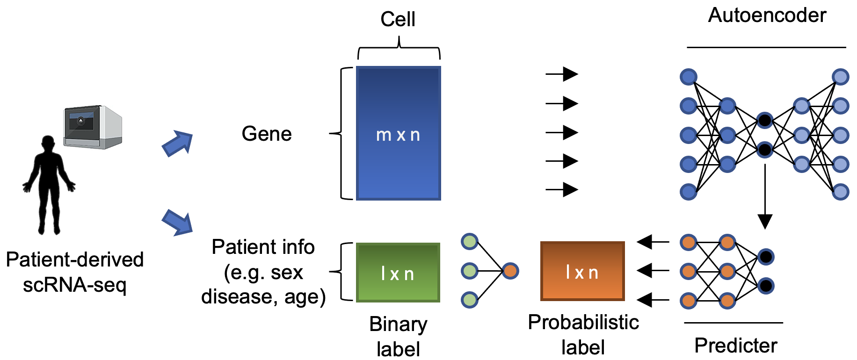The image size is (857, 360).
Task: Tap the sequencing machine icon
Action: [93, 127]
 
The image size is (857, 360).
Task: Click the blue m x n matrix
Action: [398, 134]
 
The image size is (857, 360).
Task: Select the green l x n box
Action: [398, 273]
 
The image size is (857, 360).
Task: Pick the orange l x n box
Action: [582, 271]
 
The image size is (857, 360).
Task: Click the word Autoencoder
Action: [767, 15]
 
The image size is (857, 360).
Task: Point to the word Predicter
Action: [735, 346]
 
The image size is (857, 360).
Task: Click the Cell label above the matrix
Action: [398, 19]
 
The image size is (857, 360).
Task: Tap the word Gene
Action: [267, 134]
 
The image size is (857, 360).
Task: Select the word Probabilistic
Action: [583, 322]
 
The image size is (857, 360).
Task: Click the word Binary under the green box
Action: [398, 324]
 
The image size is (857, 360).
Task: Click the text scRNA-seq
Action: [75, 285]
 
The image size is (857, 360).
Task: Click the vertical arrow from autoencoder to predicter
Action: [764, 196]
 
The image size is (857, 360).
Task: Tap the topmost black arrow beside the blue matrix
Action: [562, 74]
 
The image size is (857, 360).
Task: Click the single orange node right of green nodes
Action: [510, 271]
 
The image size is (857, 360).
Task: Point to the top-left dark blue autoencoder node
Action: [689, 77]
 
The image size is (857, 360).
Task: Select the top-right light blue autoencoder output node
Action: [840, 77]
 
